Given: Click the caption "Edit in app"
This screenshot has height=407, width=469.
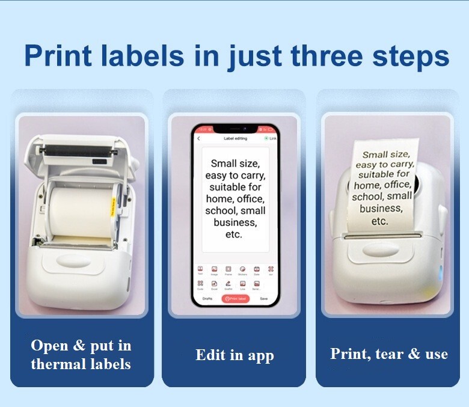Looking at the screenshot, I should tap(234, 355).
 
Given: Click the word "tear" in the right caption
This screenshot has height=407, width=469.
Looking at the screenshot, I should tap(389, 353).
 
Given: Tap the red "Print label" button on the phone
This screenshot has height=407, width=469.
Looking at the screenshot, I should tap(235, 298).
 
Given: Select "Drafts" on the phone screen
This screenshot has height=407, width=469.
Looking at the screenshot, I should tap(207, 298).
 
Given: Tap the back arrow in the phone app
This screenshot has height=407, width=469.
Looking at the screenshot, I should tap(199, 138).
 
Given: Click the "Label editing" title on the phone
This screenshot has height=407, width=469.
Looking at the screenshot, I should tap(235, 138).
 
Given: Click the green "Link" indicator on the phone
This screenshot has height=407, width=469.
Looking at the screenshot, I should tap(270, 138).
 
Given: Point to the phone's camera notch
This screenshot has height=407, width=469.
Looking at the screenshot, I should tap(235, 129).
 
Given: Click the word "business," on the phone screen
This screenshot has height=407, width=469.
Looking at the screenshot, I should tap(235, 222).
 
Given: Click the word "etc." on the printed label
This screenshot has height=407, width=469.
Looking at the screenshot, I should tap(379, 221).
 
